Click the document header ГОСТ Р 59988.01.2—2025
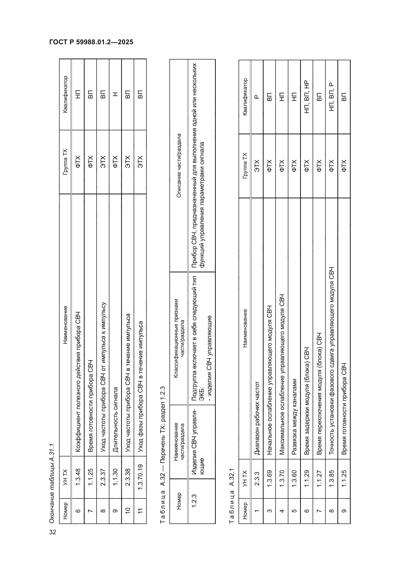point(91,42)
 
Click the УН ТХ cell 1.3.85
point(331,478)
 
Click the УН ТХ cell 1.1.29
point(307,478)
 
